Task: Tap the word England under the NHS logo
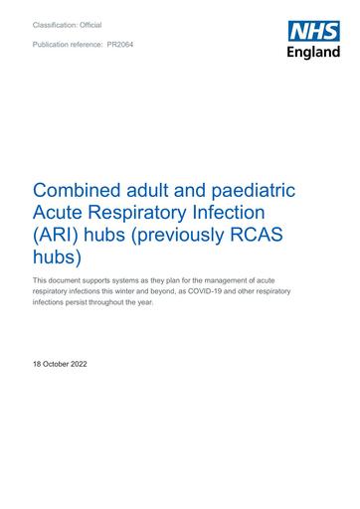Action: point(314,52)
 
